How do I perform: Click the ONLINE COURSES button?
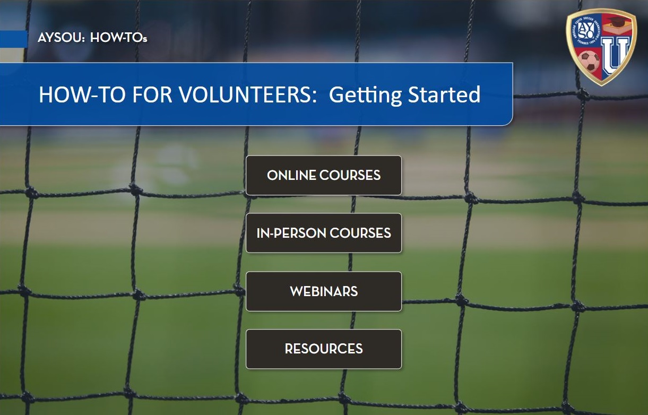click(324, 175)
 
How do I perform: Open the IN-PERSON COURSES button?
click(324, 233)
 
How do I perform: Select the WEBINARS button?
click(324, 291)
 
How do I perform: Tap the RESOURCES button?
click(324, 349)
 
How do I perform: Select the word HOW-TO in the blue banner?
click(71, 95)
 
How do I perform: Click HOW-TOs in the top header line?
click(119, 38)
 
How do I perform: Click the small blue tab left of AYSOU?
click(13, 39)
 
